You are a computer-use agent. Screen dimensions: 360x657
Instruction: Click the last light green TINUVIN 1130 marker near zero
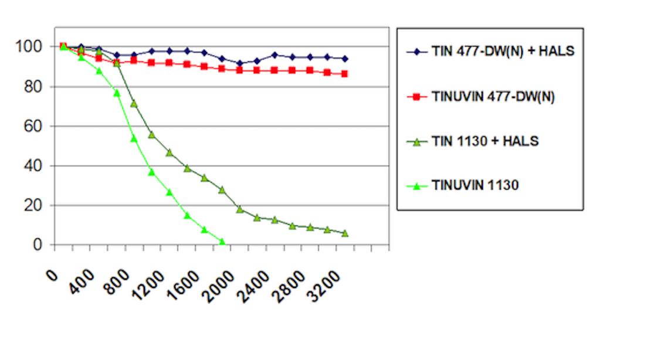(222, 242)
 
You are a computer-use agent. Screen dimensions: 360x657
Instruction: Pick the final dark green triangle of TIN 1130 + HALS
(345, 233)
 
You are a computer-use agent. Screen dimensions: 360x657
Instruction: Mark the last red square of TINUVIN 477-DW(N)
(344, 74)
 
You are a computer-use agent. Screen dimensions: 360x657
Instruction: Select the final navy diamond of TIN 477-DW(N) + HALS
(345, 59)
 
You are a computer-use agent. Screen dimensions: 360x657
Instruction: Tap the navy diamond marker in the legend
(418, 52)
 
